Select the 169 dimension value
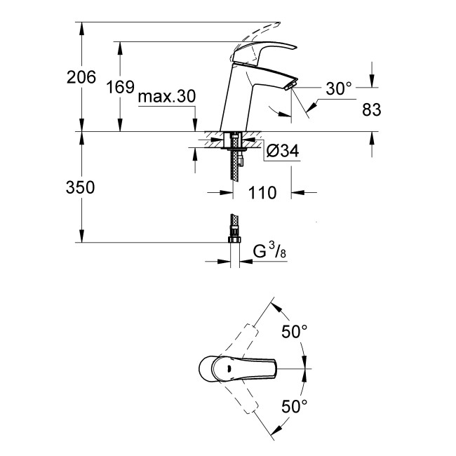click(x=120, y=88)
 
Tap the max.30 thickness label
click(x=166, y=97)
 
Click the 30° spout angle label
click(x=338, y=88)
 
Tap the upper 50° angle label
click(x=294, y=332)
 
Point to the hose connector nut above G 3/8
click(x=234, y=238)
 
